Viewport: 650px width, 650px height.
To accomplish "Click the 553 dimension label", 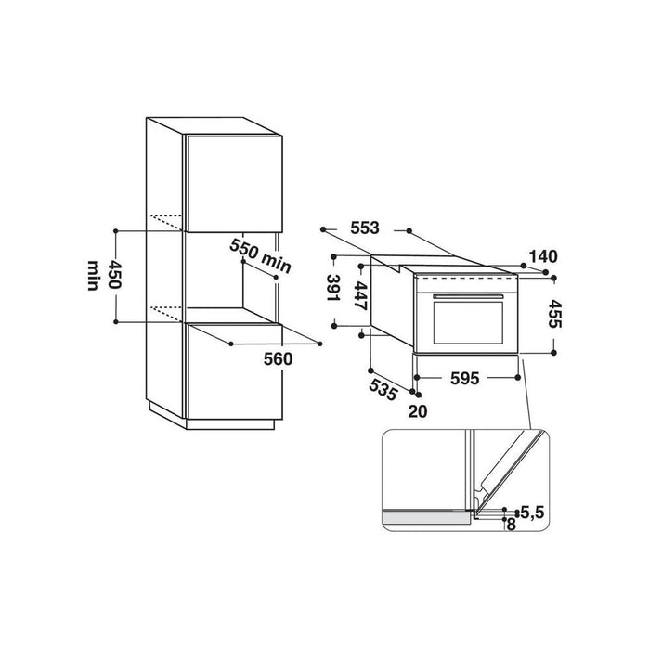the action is tap(365, 228).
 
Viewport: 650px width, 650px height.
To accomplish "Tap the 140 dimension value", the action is tap(543, 256).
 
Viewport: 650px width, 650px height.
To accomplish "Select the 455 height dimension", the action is tap(554, 314).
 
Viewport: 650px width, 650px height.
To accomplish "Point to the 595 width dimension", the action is tap(464, 378).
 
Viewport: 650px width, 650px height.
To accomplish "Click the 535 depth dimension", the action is tap(383, 389).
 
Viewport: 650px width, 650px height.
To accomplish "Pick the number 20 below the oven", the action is tap(418, 411).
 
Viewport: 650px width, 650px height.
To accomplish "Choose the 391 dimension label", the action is tap(333, 288).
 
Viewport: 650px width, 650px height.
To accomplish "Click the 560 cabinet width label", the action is tap(279, 359).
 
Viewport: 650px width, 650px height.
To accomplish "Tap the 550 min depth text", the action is tap(260, 256).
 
